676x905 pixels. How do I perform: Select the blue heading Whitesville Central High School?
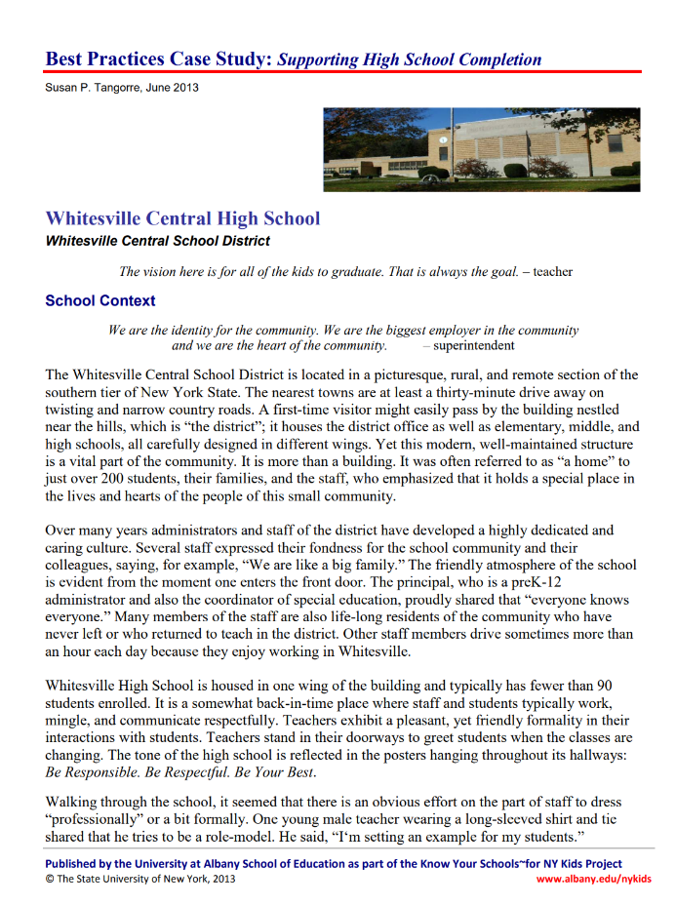182,217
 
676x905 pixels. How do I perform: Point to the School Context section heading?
99,300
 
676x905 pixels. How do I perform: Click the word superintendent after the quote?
473,345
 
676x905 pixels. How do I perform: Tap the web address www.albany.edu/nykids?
594,879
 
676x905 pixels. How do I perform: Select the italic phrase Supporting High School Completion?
410,59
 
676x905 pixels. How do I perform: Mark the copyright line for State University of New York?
140,879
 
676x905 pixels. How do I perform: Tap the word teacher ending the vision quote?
553,271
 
